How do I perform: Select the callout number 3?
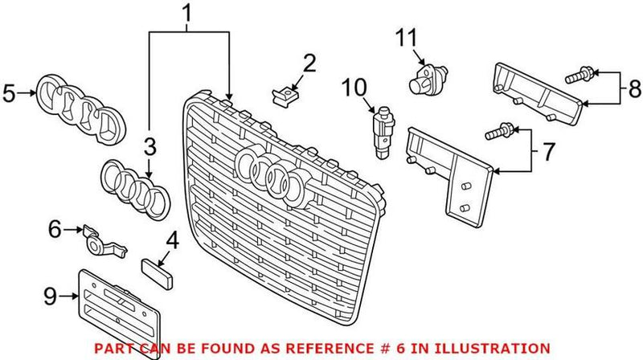[149, 146]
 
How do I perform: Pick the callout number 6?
[55, 229]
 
